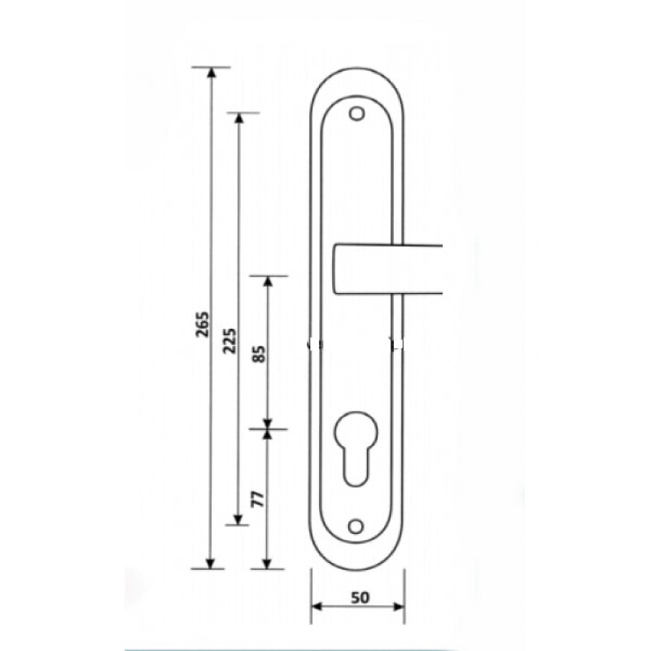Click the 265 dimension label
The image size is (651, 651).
click(203, 324)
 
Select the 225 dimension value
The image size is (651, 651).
click(229, 341)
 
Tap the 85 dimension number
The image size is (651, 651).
click(259, 354)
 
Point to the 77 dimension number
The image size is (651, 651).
click(258, 499)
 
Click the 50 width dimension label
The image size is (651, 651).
click(360, 597)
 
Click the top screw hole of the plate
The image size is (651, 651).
click(356, 113)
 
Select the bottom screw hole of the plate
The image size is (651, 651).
click(356, 526)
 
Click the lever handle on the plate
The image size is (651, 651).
click(388, 269)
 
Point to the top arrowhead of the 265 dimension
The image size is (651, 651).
click(212, 72)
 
